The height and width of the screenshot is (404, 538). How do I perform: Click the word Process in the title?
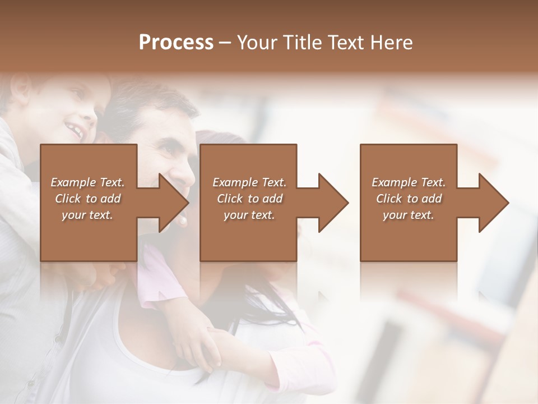176,42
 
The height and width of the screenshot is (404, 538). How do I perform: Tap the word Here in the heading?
392,42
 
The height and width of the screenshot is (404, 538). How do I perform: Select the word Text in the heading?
347,42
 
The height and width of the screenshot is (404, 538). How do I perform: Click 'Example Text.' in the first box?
88,182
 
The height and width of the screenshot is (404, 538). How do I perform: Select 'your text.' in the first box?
88,215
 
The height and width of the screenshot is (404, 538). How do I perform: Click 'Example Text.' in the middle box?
249,182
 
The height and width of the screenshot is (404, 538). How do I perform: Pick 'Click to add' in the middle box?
249,199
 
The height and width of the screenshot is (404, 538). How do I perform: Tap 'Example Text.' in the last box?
409,182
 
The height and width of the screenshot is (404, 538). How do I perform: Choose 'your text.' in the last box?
409,215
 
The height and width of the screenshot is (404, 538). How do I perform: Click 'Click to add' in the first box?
88,199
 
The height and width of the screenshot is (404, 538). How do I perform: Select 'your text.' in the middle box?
249,215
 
